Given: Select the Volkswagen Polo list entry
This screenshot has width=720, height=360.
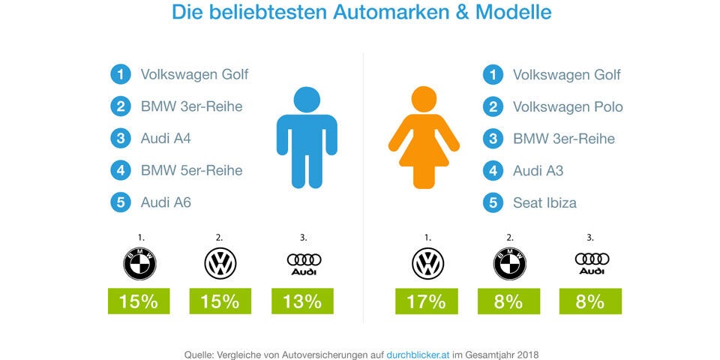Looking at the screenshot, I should pyautogui.click(x=567, y=106).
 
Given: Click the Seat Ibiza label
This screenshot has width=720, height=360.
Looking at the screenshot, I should pyautogui.click(x=544, y=202).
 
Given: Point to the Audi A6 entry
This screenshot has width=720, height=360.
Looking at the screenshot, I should pyautogui.click(x=166, y=202).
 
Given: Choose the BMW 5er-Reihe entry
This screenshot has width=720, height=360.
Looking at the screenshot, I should pyautogui.click(x=191, y=170).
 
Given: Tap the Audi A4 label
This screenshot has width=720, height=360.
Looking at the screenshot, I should pyautogui.click(x=166, y=139).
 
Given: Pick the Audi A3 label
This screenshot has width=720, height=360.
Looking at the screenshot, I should pyautogui.click(x=538, y=170).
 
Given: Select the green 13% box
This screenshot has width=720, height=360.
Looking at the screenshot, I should pyautogui.click(x=302, y=301).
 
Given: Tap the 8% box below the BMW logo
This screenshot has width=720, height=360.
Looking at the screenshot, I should pyautogui.click(x=508, y=301).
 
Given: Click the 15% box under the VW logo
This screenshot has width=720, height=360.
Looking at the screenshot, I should pyautogui.click(x=220, y=301).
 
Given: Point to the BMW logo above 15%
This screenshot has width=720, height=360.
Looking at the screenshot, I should pyautogui.click(x=139, y=263).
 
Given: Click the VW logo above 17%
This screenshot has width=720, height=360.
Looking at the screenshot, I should pyautogui.click(x=427, y=263).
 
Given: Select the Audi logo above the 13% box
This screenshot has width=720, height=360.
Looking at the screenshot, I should pyautogui.click(x=304, y=263).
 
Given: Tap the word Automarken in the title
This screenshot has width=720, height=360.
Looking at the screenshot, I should pyautogui.click(x=355, y=13).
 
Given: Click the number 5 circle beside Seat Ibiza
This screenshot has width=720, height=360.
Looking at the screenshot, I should pyautogui.click(x=493, y=202).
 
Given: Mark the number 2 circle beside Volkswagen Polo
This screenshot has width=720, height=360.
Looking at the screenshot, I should pyautogui.click(x=493, y=106).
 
